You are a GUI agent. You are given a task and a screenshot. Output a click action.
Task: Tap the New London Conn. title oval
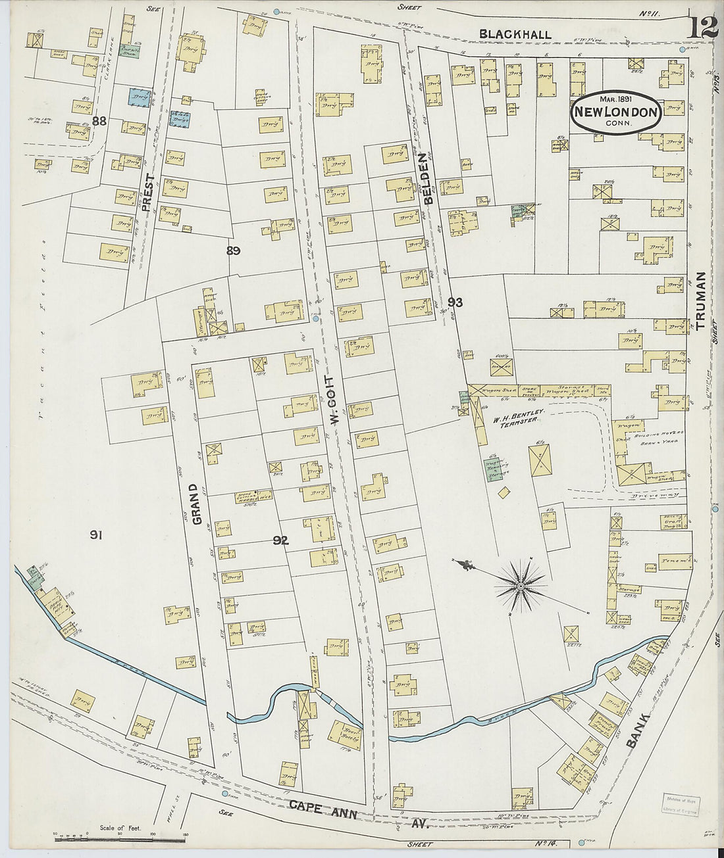click(616, 112)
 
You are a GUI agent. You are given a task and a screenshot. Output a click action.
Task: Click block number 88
click(99, 120)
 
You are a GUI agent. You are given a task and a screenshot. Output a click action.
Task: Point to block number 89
click(232, 250)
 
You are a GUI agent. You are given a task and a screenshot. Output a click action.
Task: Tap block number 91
click(96, 536)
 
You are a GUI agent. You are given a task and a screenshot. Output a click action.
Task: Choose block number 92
click(281, 540)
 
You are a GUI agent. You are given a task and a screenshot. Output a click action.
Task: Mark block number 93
click(455, 302)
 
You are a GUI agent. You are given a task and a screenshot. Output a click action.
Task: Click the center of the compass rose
click(520, 584)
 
